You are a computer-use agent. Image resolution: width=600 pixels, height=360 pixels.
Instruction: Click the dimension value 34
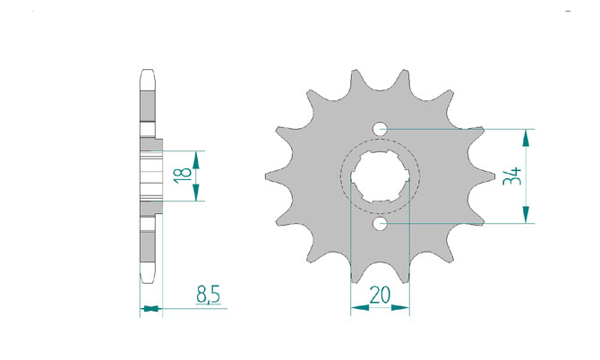coord(512,176)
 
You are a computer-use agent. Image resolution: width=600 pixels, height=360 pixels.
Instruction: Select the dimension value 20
coord(380,295)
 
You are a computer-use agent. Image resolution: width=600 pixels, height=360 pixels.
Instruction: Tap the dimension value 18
coord(183,176)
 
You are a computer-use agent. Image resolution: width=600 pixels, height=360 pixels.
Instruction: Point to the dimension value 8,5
coord(208,295)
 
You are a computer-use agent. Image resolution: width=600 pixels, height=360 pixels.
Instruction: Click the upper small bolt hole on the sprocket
coord(380,129)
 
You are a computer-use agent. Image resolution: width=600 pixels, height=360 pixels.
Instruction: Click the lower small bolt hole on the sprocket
coord(380,224)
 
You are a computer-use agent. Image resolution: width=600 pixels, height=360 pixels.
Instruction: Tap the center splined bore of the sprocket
coord(380,176)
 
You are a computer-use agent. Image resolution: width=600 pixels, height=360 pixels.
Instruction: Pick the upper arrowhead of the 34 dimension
coord(527,138)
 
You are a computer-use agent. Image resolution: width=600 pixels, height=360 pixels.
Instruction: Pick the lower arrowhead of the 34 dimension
coord(527,215)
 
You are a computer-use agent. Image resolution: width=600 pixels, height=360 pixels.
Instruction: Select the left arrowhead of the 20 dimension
coord(360,307)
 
